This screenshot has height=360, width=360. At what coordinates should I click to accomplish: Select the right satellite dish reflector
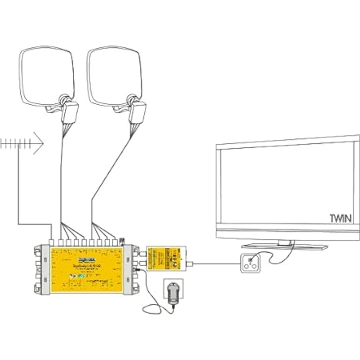click(x=113, y=76)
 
